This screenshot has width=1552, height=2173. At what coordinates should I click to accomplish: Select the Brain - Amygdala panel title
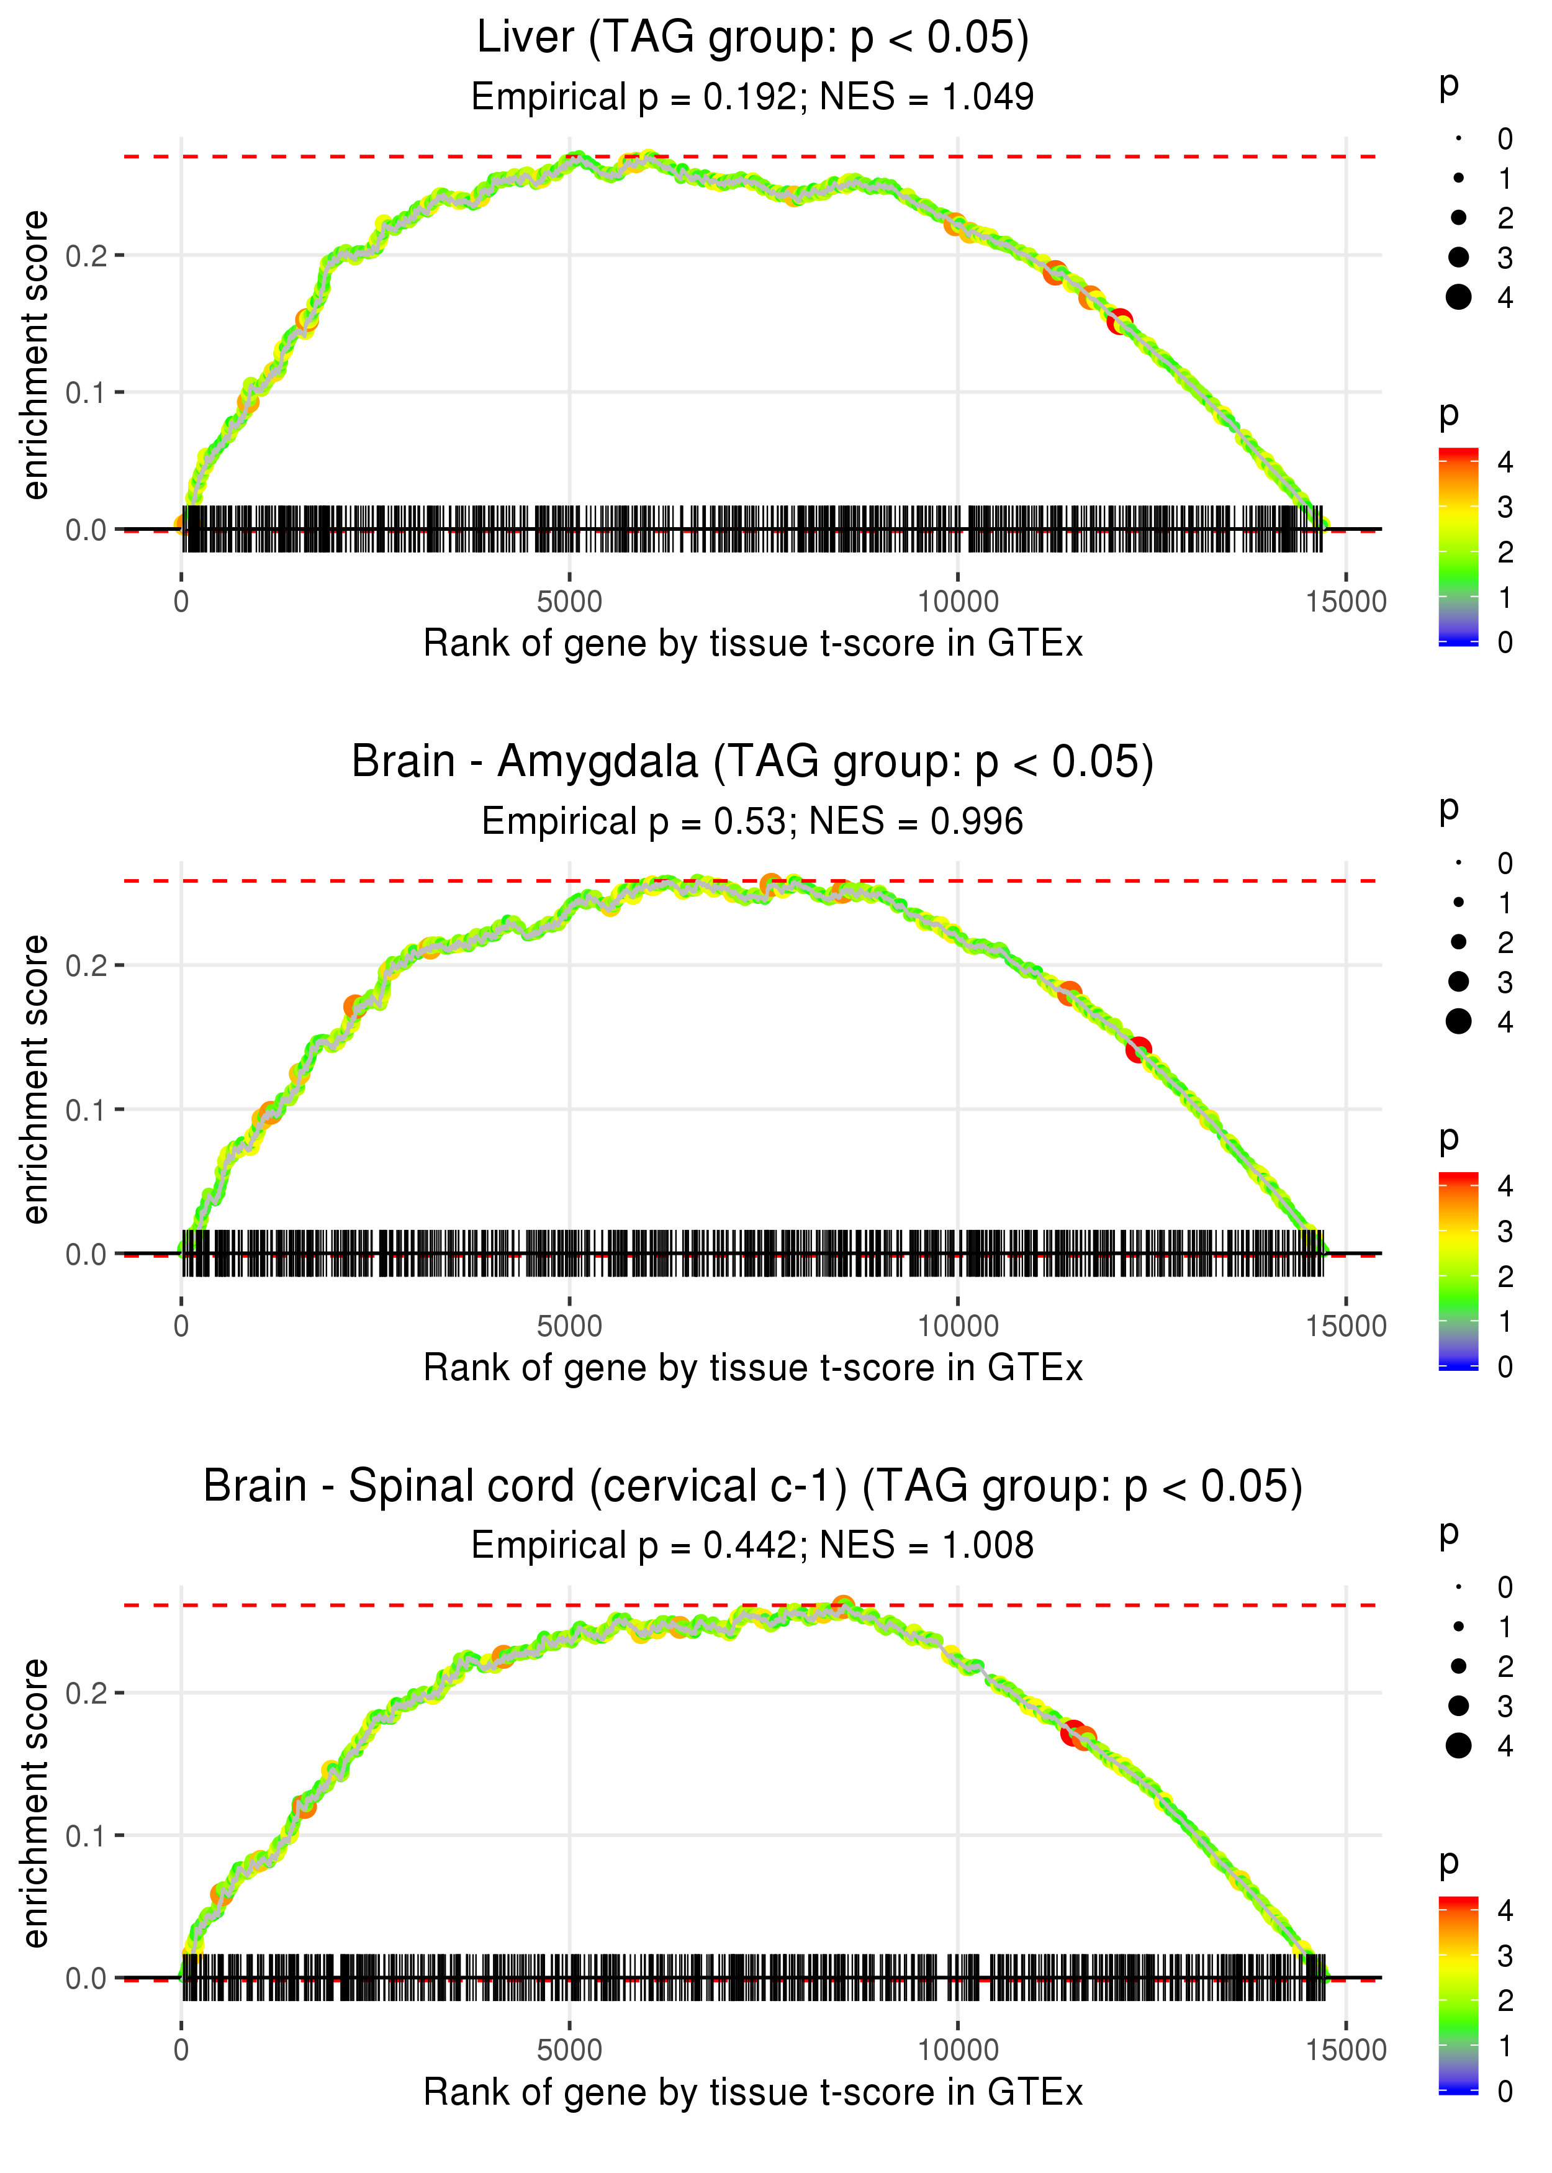(x=752, y=762)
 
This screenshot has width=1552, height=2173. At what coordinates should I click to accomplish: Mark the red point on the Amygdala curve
(x=1137, y=1049)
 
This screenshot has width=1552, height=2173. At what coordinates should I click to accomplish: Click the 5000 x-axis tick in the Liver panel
(x=569, y=602)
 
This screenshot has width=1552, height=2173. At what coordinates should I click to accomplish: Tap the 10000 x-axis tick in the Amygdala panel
(x=957, y=1326)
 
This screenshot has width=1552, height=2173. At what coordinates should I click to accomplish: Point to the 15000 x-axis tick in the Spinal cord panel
(x=1345, y=2051)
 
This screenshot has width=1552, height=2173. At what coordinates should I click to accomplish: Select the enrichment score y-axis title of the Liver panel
(x=36, y=356)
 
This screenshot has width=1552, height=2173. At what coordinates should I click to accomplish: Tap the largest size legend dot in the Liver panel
(x=1458, y=297)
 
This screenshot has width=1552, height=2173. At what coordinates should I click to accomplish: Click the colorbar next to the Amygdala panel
(x=1458, y=1271)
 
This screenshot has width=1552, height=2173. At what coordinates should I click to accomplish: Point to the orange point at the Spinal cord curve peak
(x=842, y=1606)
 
